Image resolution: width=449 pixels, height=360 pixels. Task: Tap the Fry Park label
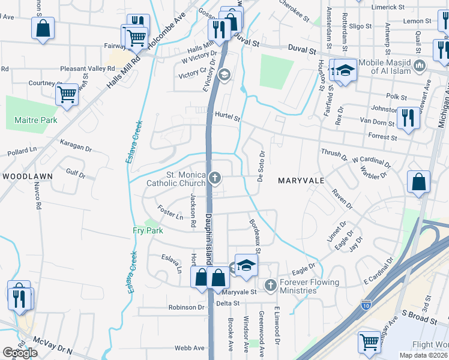tap(148, 230)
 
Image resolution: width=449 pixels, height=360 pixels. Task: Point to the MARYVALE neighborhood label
tap(301, 180)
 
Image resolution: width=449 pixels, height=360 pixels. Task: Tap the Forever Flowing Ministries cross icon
tap(270, 283)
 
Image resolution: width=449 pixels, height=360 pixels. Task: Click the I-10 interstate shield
tap(366, 305)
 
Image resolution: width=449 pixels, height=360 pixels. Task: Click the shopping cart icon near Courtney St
tap(67, 94)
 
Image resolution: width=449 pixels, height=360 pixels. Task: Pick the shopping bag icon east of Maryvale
tap(418, 182)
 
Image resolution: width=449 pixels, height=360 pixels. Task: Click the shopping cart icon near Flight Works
tap(369, 341)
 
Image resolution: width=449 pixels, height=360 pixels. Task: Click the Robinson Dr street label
tap(186, 307)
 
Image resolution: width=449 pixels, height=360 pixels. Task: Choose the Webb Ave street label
tap(190, 348)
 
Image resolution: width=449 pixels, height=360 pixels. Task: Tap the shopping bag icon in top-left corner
tap(43, 28)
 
